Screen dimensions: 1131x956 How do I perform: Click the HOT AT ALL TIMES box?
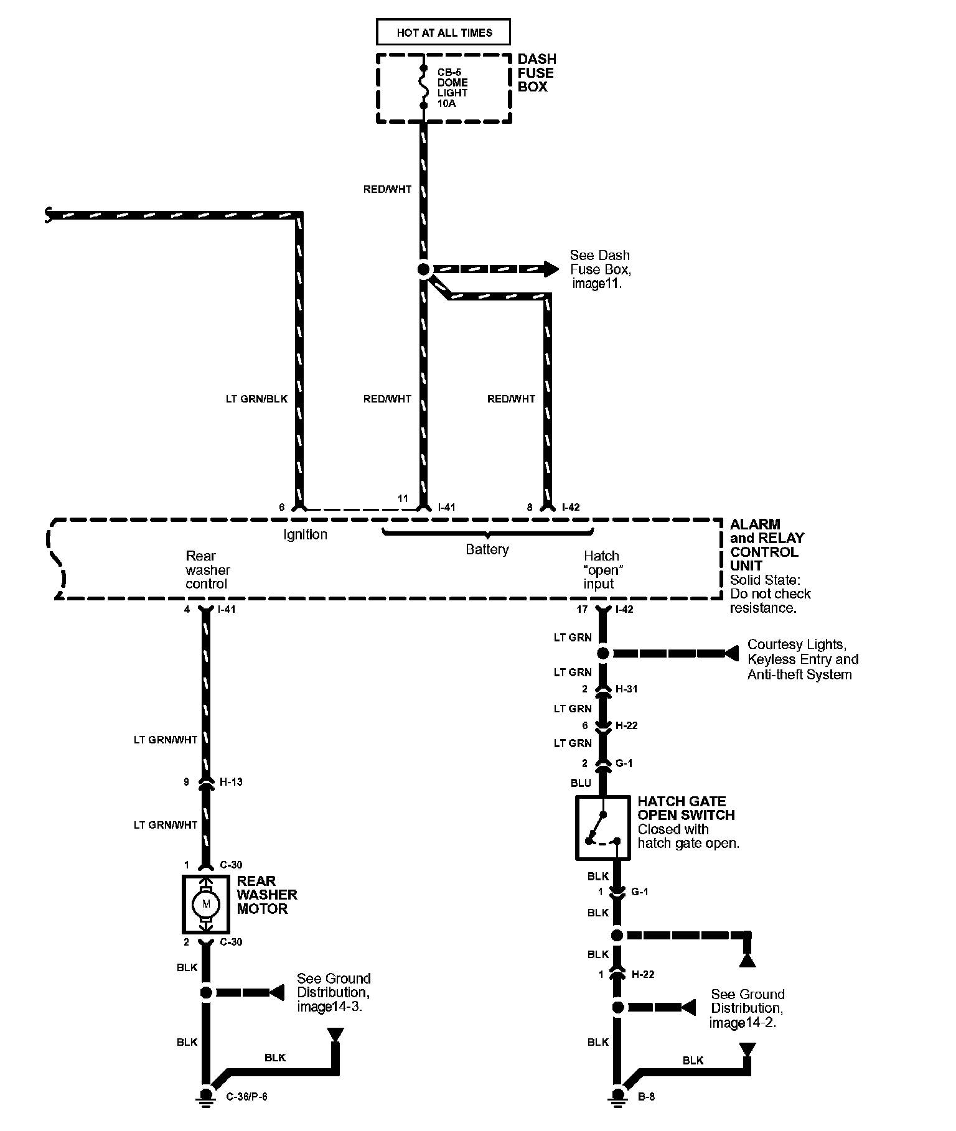coord(443,32)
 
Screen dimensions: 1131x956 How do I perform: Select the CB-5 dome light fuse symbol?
coord(424,87)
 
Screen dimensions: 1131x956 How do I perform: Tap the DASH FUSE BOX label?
coord(537,73)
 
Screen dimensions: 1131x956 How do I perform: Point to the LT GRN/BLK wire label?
coord(256,399)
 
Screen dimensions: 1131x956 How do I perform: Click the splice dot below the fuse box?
coord(424,269)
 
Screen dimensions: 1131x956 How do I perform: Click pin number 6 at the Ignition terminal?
coord(282,508)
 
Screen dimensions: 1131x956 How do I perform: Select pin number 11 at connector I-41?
coord(403,499)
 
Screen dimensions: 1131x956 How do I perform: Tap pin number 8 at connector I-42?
coord(530,508)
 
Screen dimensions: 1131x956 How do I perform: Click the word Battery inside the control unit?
coord(487,549)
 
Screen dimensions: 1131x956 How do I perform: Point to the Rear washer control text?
coord(207,570)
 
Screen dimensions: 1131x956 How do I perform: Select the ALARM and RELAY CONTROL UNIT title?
coord(767,545)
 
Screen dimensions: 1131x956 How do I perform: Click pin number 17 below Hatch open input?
coord(582,610)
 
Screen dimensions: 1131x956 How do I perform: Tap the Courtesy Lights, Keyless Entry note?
coord(803,659)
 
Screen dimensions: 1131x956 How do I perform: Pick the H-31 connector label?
coord(626,689)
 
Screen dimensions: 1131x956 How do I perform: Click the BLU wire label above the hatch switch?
coord(581,783)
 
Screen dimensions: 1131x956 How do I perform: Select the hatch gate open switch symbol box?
coord(602,829)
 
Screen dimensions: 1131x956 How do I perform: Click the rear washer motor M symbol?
coord(207,903)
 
